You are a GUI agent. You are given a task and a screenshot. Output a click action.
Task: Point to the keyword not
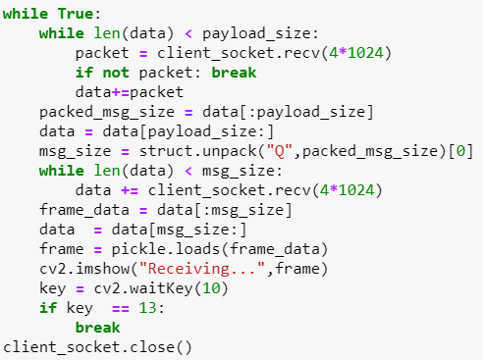[x=110, y=72]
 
